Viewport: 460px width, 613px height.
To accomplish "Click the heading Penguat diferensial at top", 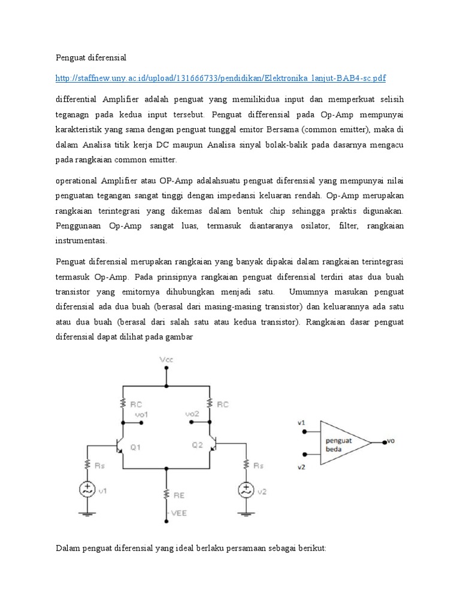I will [91, 57].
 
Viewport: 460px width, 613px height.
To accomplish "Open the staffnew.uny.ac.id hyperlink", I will [220, 78].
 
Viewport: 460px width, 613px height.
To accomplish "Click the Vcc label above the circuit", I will [166, 360].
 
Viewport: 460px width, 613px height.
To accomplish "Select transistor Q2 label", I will [197, 445].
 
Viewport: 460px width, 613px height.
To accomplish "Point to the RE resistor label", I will [179, 494].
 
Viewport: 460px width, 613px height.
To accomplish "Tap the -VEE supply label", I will [179, 512].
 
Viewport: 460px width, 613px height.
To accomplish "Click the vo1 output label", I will [141, 414].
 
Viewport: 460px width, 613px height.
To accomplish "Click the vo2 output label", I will [192, 414].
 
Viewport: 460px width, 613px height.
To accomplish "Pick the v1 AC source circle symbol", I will [87, 490].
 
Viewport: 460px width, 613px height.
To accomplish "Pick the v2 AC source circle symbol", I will [245, 490].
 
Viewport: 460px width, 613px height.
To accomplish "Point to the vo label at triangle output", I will [391, 442].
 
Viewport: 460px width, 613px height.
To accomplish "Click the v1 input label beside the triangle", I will [301, 423].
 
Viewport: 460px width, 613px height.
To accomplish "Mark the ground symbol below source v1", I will [87, 514].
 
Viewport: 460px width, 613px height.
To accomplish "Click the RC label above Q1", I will [136, 404].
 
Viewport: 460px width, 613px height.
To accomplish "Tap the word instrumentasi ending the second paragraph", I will [81, 240].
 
